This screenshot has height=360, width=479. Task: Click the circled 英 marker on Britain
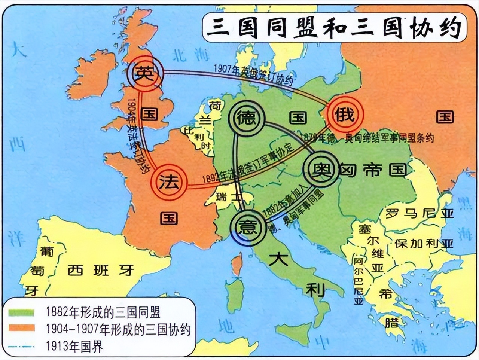pyautogui.click(x=145, y=73)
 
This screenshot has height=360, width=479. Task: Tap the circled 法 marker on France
pyautogui.click(x=169, y=182)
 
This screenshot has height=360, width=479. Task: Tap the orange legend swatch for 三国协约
pyautogui.click(x=22, y=329)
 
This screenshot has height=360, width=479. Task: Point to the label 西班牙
pyautogui.click(x=101, y=270)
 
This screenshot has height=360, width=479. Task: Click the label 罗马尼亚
pyautogui.click(x=419, y=214)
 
